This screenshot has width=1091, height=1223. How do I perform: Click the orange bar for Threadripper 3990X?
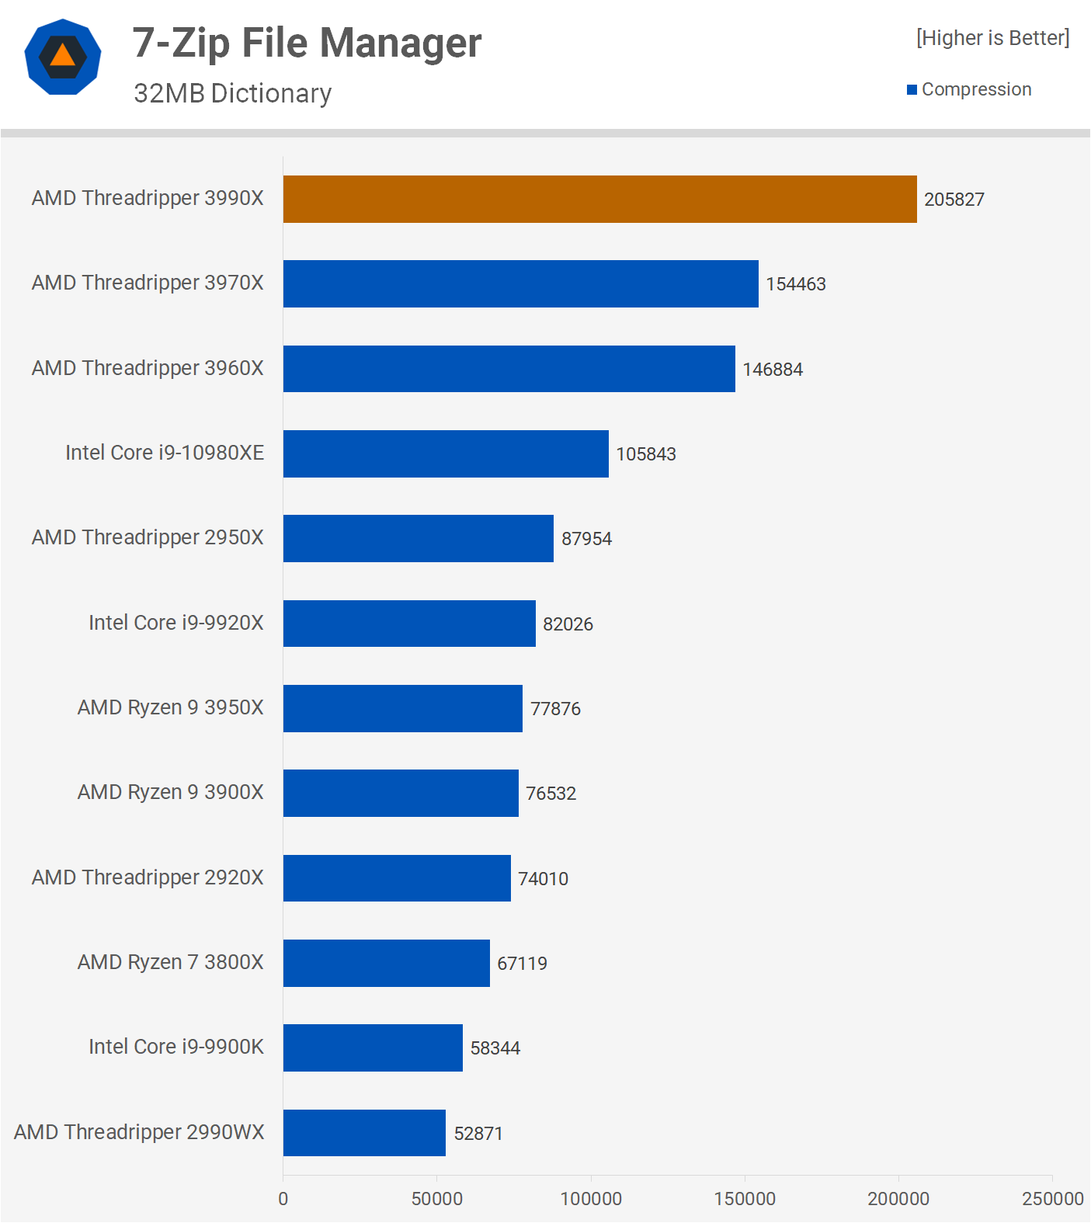pyautogui.click(x=599, y=199)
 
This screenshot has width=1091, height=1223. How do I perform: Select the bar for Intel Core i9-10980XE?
pyautogui.click(x=446, y=453)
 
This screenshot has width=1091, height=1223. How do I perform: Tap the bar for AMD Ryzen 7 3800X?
pyautogui.click(x=386, y=963)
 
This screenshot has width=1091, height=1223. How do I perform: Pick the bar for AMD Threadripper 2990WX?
pyautogui.click(x=364, y=1132)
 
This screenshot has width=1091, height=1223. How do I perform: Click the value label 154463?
pyautogui.click(x=795, y=284)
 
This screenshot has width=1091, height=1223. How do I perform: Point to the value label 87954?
pyautogui.click(x=586, y=539)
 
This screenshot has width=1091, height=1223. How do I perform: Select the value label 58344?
pyautogui.click(x=495, y=1048)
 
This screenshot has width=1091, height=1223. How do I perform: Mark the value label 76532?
pyautogui.click(x=551, y=794)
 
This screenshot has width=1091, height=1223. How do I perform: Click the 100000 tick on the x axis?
pyautogui.click(x=591, y=1198)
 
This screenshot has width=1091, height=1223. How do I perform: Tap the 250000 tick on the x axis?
pyautogui.click(x=1052, y=1198)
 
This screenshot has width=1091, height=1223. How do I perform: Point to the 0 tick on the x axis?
pyautogui.click(x=283, y=1198)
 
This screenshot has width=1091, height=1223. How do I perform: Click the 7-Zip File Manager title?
pyautogui.click(x=307, y=43)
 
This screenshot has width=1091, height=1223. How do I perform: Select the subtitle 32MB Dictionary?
pyautogui.click(x=232, y=93)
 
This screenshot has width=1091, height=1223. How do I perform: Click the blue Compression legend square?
pyautogui.click(x=912, y=90)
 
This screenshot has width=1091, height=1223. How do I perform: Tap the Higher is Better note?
pyautogui.click(x=992, y=38)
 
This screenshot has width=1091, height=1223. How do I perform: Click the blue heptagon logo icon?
pyautogui.click(x=63, y=57)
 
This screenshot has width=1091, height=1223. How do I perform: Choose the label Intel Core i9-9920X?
pyautogui.click(x=175, y=623)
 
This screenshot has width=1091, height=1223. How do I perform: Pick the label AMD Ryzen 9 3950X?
pyautogui.click(x=170, y=707)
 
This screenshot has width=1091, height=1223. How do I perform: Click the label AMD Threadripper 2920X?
pyautogui.click(x=148, y=877)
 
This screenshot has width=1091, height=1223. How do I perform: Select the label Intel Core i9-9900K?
pyautogui.click(x=175, y=1047)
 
